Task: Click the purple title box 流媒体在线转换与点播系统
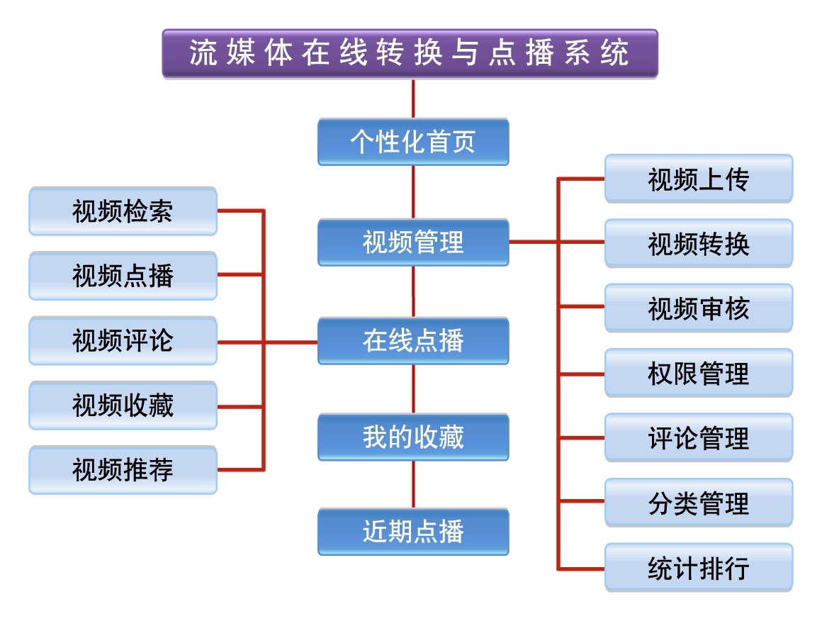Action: [410, 53]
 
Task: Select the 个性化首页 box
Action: [413, 142]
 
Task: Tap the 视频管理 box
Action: [413, 242]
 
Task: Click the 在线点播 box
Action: [413, 341]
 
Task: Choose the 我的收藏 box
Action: [413, 437]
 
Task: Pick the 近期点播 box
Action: [413, 531]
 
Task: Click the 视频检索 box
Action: [123, 211]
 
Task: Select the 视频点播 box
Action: [123, 276]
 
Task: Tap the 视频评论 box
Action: [123, 341]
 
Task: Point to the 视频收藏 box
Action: [123, 405]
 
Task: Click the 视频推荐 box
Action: [123, 470]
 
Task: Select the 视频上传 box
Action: [699, 179]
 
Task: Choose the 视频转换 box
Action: [699, 243]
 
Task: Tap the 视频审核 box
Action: [699, 308]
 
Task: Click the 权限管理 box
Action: [699, 373]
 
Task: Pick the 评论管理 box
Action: [699, 437]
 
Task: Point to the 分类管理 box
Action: [699, 503]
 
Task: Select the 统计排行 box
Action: [699, 567]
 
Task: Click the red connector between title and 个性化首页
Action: [413, 99]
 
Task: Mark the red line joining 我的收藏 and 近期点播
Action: [413, 484]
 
